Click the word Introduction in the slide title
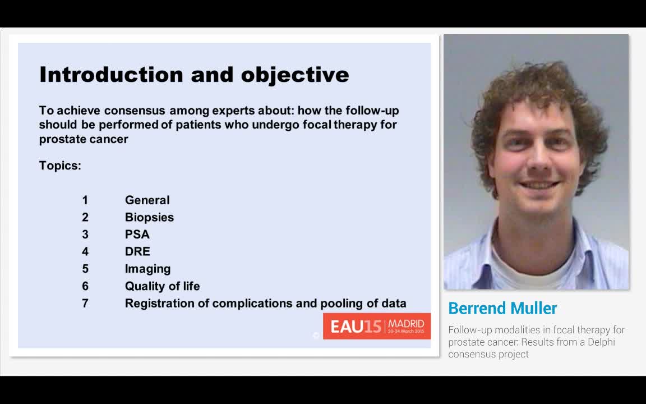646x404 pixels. [111, 75]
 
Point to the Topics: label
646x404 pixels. [60, 166]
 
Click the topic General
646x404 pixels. [147, 200]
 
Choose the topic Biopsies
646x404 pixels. [149, 217]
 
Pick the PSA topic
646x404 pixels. [137, 235]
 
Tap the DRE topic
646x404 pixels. [137, 251]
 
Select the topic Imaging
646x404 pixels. [147, 269]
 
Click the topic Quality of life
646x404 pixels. [162, 286]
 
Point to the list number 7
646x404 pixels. [85, 304]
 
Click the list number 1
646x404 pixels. [85, 200]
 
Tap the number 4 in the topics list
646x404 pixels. [85, 251]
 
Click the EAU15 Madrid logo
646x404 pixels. [376, 326]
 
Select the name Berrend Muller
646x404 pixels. [502, 308]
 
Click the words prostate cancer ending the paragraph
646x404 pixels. [84, 139]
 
